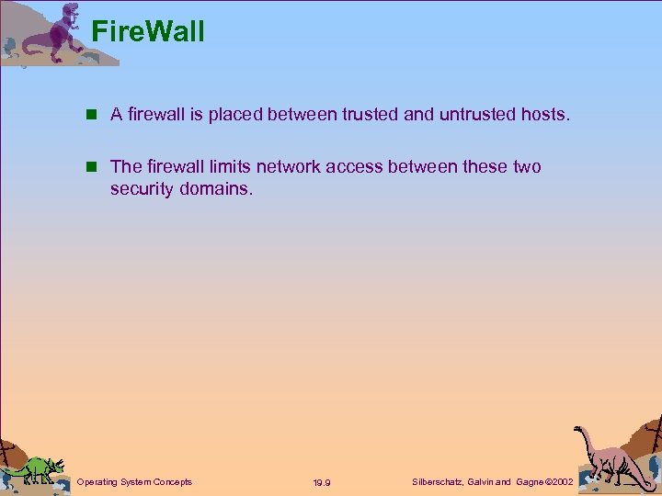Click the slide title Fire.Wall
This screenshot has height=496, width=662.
point(148,32)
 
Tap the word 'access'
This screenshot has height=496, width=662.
point(357,167)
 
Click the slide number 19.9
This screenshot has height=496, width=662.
point(322,482)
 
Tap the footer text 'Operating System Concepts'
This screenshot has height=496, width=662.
point(135,481)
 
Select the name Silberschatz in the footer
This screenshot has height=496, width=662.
point(437,481)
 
